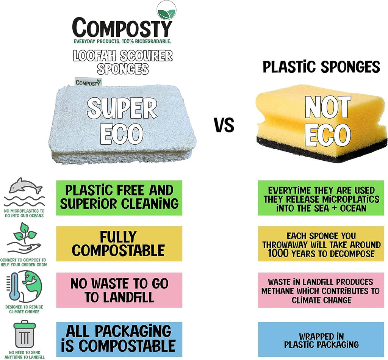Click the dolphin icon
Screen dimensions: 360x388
[25, 186]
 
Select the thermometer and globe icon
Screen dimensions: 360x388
[24, 287]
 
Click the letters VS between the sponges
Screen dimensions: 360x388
[224, 125]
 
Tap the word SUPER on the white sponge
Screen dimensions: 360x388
[122, 109]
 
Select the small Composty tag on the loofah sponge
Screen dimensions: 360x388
[88, 82]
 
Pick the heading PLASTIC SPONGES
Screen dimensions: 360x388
[321, 67]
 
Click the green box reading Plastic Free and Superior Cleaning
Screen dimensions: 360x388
[119, 197]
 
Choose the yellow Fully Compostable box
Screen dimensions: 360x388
[119, 244]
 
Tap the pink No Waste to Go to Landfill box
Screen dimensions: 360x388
[119, 290]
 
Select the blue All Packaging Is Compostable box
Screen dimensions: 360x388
[119, 338]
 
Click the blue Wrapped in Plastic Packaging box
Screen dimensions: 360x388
[321, 340]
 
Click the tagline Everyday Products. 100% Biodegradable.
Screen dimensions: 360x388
[122, 41]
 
